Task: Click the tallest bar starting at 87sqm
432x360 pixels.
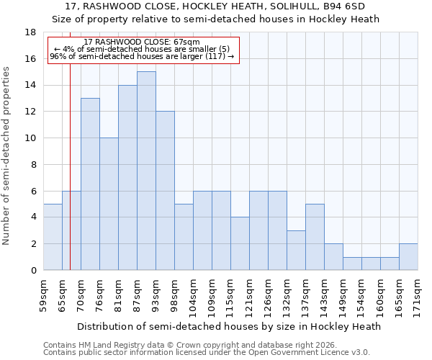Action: (x=146, y=171)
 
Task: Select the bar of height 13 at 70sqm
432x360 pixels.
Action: (x=90, y=184)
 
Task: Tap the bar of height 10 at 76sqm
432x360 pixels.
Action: (x=109, y=204)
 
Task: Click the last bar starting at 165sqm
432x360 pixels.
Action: (x=408, y=257)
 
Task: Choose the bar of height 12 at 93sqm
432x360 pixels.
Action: (x=165, y=191)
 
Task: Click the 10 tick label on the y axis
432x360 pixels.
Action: (x=30, y=138)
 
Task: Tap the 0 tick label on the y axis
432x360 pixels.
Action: (x=33, y=271)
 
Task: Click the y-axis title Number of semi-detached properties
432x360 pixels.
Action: (x=7, y=156)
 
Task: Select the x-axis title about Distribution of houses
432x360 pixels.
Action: (x=230, y=326)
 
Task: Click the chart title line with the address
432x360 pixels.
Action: (x=215, y=6)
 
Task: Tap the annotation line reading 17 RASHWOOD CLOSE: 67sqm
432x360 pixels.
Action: (x=142, y=42)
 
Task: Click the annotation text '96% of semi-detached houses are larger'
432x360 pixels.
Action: (x=142, y=56)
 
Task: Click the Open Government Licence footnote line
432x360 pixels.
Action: (x=207, y=353)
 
